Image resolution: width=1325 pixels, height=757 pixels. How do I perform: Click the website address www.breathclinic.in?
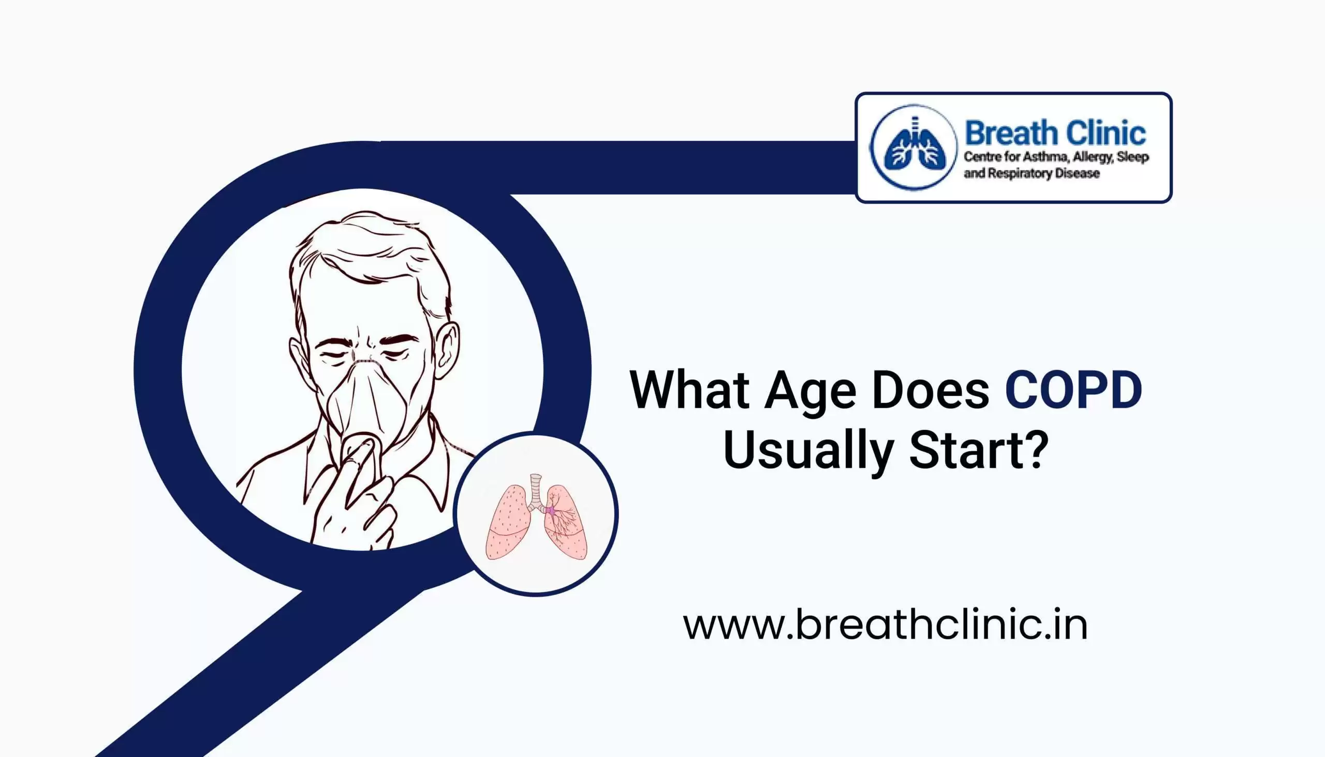pyautogui.click(x=885, y=626)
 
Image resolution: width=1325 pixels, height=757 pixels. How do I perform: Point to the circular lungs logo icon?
pyautogui.click(x=914, y=147)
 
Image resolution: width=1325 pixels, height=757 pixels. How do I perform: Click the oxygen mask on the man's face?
pyautogui.click(x=366, y=400)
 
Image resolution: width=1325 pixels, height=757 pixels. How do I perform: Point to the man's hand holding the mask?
pyautogui.click(x=359, y=499)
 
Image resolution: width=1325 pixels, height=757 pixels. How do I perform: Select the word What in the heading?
pyautogui.click(x=689, y=391)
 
